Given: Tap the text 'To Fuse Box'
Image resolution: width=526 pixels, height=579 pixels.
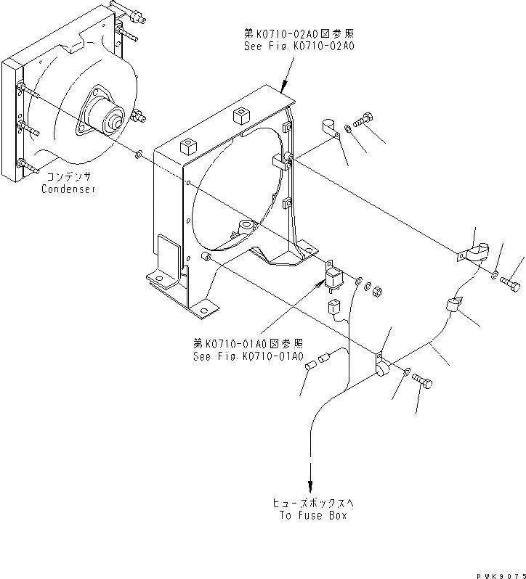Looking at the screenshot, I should point(312,515).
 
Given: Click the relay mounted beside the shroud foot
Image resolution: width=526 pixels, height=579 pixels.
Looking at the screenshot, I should point(335,277).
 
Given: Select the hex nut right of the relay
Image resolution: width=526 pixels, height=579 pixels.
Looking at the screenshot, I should point(378,292).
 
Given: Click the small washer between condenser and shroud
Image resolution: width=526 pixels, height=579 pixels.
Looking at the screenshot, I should point(138,153).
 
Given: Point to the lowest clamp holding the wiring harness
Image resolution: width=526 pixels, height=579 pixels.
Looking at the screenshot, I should point(381,366).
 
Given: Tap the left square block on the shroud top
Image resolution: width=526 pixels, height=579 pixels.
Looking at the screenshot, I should point(190,144).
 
